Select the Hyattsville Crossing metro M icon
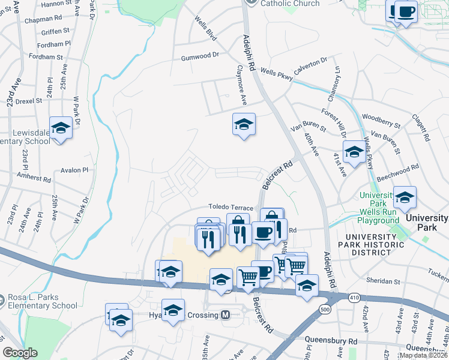tap(226, 315)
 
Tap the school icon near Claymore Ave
tap(244, 125)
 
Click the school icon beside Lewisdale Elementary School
tap(61, 128)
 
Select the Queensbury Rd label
tap(331, 340)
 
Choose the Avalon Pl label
tap(74, 170)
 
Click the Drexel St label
tap(29, 101)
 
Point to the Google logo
tap(20, 353)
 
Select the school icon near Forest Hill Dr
tap(354, 152)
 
